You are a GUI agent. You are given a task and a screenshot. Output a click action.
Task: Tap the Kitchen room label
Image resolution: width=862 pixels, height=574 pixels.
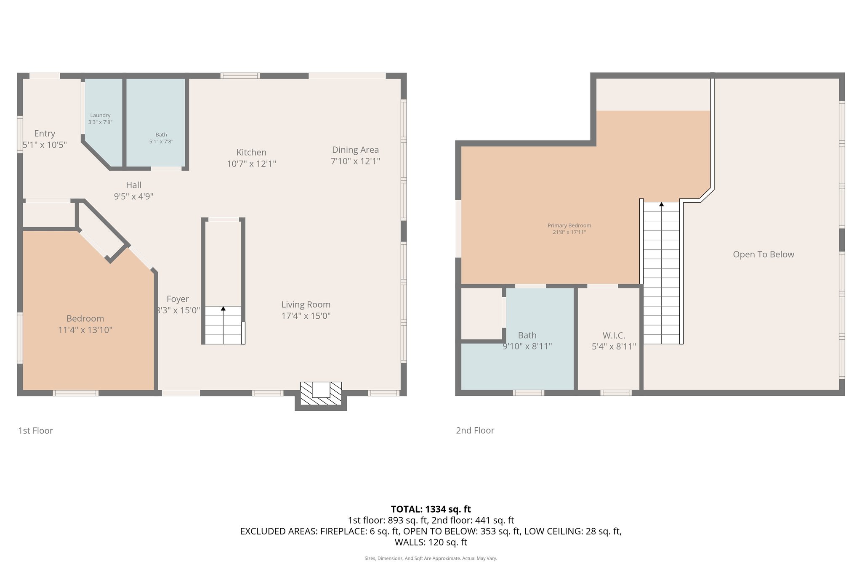point(251,152)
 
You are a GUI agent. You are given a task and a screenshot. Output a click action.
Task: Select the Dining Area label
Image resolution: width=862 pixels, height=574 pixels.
point(355,150)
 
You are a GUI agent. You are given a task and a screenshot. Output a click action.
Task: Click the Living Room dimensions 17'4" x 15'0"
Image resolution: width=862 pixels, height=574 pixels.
point(306,316)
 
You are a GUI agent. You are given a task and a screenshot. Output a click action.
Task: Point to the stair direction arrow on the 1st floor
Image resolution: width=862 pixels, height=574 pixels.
point(223,309)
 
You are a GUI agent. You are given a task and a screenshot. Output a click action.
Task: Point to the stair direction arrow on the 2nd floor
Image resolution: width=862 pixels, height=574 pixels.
point(661,204)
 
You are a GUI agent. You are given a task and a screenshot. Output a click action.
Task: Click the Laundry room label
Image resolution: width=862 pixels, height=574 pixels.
point(100,115)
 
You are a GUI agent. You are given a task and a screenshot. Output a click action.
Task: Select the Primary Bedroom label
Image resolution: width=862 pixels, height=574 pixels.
point(569,225)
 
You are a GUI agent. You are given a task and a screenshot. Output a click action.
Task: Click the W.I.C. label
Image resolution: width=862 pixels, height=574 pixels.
point(614,335)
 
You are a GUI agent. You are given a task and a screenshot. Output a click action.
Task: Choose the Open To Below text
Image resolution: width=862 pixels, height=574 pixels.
point(763,254)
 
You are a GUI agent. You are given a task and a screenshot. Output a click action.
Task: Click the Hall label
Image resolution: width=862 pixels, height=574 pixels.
point(133,185)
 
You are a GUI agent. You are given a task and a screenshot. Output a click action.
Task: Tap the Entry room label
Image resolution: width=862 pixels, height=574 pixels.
point(45,133)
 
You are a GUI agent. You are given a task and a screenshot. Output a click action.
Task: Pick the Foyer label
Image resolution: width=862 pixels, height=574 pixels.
point(177,299)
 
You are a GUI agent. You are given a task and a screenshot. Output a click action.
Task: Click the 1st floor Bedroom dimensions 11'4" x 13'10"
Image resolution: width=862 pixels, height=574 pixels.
point(85,330)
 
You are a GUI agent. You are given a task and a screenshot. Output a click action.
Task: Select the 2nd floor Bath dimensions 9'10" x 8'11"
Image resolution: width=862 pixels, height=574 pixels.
point(527,347)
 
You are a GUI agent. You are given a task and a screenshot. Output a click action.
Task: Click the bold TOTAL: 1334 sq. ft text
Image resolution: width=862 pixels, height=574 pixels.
point(431,509)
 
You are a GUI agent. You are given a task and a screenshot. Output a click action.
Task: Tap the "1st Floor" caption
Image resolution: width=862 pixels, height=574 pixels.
point(35,431)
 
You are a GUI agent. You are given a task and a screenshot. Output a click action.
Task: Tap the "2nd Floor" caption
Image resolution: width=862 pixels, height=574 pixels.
point(475,430)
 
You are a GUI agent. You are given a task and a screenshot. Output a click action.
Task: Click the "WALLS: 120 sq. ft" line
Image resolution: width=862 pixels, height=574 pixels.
point(431,542)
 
